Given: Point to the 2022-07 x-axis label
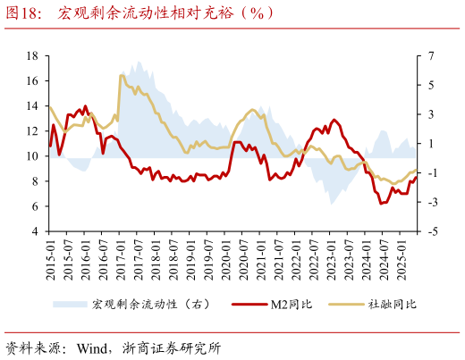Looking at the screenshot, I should tap(313, 257).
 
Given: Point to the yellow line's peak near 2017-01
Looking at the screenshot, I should tap(122, 75).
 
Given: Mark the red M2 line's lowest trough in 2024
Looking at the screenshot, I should tap(382, 204).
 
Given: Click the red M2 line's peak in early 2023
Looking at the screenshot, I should tap(334, 120).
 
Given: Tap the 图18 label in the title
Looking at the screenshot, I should tap(24, 14).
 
